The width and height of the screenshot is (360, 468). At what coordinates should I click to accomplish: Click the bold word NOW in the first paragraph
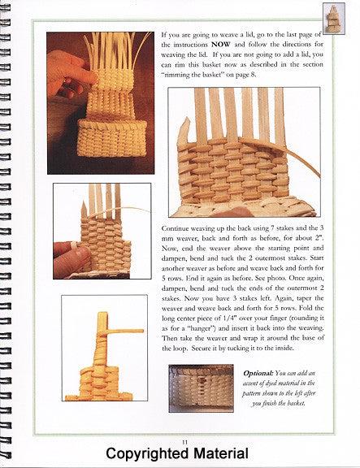pyautogui.click(x=221, y=45)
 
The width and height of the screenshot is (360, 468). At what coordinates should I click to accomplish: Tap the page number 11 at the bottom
pyautogui.click(x=184, y=442)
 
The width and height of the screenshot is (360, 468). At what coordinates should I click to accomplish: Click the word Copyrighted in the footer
pyautogui.click(x=147, y=454)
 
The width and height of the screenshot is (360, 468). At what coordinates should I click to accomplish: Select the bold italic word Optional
pyautogui.click(x=258, y=373)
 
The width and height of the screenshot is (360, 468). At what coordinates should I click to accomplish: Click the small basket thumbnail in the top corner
pyautogui.click(x=334, y=19)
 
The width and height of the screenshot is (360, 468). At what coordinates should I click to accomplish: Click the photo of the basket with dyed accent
pyautogui.click(x=201, y=388)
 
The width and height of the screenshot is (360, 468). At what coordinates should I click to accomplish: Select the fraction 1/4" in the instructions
pyautogui.click(x=230, y=318)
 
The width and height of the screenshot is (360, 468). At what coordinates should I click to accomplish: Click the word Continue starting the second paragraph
pyautogui.click(x=175, y=228)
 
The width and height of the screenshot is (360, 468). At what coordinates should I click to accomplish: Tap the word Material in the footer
pyautogui.click(x=220, y=453)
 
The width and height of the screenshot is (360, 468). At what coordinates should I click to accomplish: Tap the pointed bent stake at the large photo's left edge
pyautogui.click(x=183, y=132)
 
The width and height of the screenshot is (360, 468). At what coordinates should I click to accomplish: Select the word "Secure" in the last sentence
pyautogui.click(x=202, y=349)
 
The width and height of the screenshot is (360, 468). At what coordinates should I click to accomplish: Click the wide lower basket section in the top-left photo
pyautogui.click(x=112, y=138)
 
